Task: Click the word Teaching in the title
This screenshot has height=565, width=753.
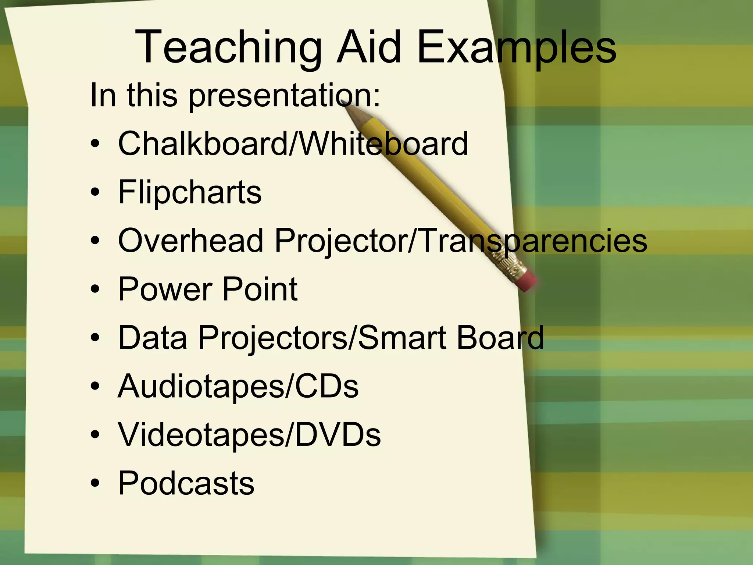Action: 228,48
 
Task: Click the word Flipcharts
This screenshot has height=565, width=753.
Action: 190,192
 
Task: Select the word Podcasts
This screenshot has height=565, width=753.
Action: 186,483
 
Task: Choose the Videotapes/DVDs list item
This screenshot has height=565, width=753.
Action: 249,435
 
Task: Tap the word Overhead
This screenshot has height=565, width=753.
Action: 191,241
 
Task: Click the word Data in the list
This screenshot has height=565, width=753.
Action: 153,338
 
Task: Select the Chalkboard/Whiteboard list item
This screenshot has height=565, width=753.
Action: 293,143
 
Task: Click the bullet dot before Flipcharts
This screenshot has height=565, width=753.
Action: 95,192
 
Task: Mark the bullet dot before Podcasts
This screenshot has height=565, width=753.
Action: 95,483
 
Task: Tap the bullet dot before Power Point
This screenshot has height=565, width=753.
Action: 95,289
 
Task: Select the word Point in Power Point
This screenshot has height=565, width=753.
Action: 260,289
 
